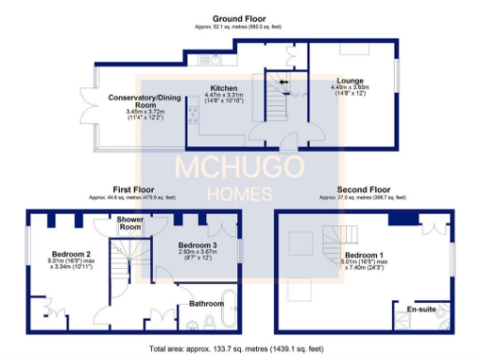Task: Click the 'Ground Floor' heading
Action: pyautogui.click(x=242, y=19)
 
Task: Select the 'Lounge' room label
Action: pyautogui.click(x=351, y=82)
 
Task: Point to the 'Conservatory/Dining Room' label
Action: pyautogui.click(x=142, y=101)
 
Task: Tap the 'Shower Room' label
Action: pyautogui.click(x=130, y=223)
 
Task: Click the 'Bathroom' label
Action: pyautogui.click(x=205, y=303)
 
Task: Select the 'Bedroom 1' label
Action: pyautogui.click(x=363, y=254)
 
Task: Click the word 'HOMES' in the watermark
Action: pyautogui.click(x=239, y=195)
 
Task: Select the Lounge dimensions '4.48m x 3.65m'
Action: pyautogui.click(x=351, y=88)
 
